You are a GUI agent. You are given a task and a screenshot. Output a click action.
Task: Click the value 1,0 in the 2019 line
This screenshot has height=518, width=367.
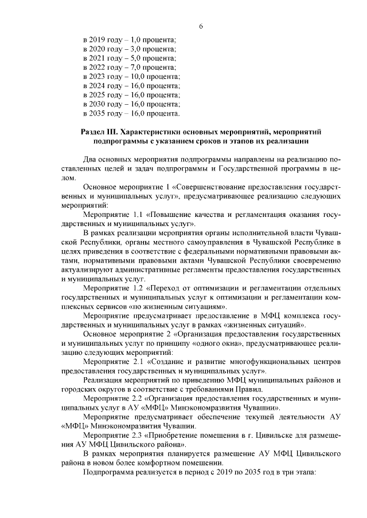coord(136,39)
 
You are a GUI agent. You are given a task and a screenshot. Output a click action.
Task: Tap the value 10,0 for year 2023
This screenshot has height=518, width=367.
coord(138,76)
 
